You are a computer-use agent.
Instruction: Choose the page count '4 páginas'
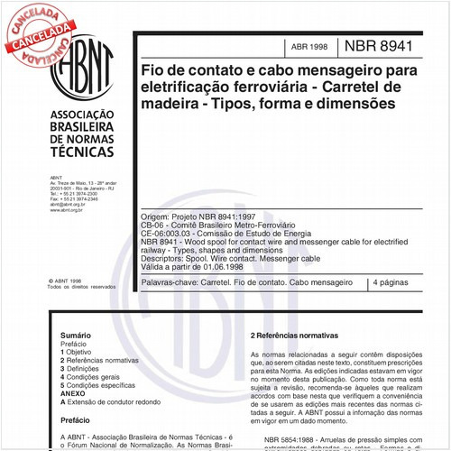[397, 283]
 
